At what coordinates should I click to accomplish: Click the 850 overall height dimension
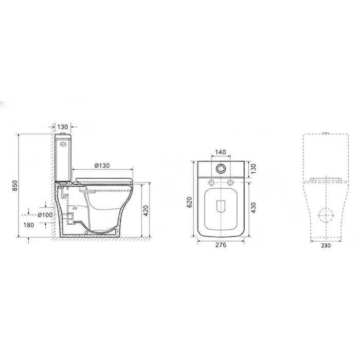click(15, 186)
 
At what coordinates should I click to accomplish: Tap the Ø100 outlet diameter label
click(45, 215)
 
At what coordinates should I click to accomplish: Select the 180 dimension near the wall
click(29, 225)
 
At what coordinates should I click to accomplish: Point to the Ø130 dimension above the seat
click(102, 166)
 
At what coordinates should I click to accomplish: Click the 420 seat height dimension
click(146, 211)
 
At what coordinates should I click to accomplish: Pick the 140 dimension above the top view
click(221, 152)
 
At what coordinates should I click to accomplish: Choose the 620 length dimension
click(189, 202)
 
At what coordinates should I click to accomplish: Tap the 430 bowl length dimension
click(253, 208)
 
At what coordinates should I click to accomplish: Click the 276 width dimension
click(221, 245)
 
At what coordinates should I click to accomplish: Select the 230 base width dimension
click(326, 245)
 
